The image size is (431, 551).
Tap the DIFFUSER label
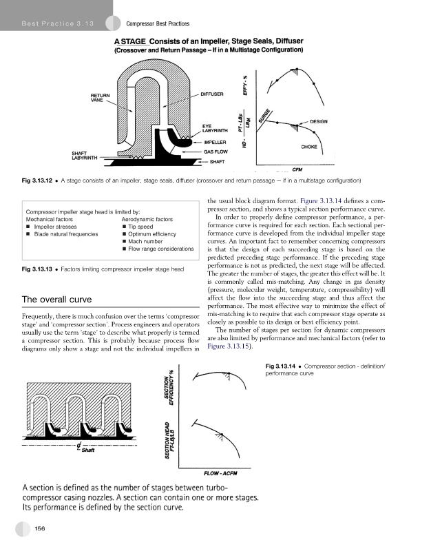[213, 94]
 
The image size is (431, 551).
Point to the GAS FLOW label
[216, 152]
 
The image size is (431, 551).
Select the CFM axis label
[299, 169]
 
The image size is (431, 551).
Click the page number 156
[41, 528]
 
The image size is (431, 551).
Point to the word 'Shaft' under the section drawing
[89, 451]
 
